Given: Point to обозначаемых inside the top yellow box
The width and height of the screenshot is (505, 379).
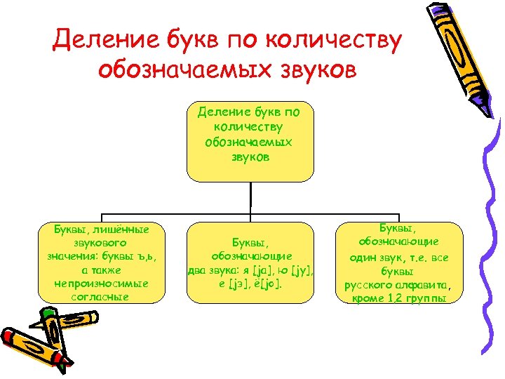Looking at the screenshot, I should coord(249,142).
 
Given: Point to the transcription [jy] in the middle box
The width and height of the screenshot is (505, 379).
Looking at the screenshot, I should coord(302,269).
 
